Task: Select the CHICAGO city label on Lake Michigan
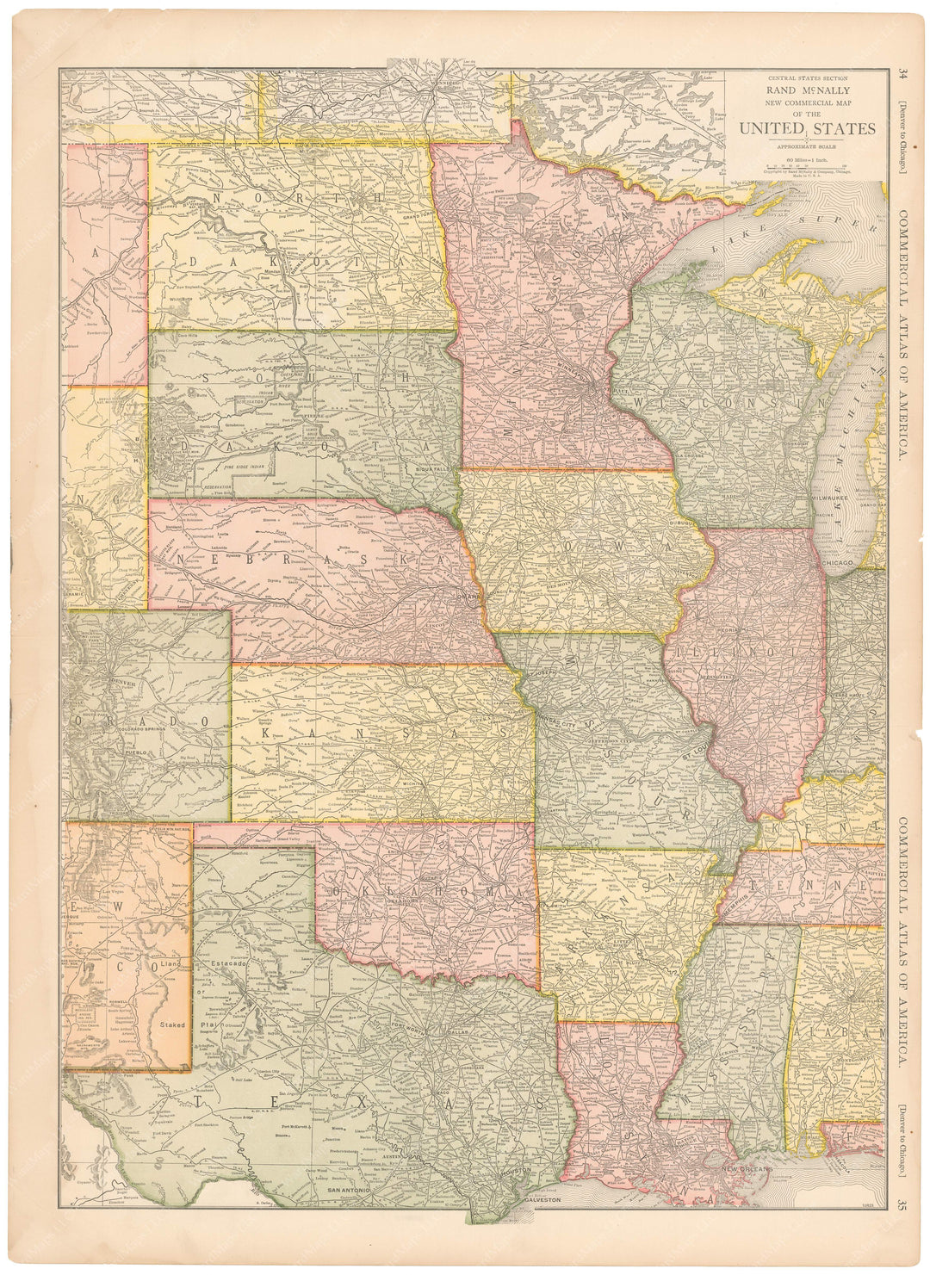[840, 562]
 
